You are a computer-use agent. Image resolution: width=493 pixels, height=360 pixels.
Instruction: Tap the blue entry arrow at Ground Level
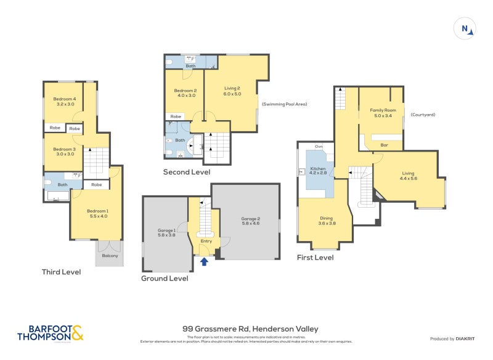pos(205,263)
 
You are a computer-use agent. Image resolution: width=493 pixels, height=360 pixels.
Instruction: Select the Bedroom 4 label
pos(64,102)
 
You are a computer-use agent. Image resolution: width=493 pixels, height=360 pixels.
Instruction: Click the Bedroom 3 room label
pos(64,152)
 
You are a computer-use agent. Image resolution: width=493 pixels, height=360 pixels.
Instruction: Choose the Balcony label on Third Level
pos(109,253)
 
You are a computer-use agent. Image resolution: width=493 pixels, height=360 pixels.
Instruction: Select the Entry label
pos(206,242)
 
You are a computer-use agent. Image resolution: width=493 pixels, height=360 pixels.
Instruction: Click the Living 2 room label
pos(231,91)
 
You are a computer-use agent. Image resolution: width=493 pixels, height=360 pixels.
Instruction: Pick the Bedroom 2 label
pos(185,93)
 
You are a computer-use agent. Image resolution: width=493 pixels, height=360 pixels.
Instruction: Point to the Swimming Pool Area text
pos(284,104)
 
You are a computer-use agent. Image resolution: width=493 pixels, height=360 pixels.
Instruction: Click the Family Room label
pos(380,113)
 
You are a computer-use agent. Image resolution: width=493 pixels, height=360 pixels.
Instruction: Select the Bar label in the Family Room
pos(384,145)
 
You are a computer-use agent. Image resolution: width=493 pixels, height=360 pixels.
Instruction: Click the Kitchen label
pos(318,171)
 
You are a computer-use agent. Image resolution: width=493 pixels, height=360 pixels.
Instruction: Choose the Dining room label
pos(327,221)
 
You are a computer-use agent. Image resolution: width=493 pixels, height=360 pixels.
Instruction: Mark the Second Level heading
pos(186,172)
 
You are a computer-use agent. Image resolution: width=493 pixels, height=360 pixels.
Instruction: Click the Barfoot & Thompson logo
pos(50,333)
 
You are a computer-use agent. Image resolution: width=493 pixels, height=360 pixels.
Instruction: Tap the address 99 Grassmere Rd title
pos(250,329)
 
